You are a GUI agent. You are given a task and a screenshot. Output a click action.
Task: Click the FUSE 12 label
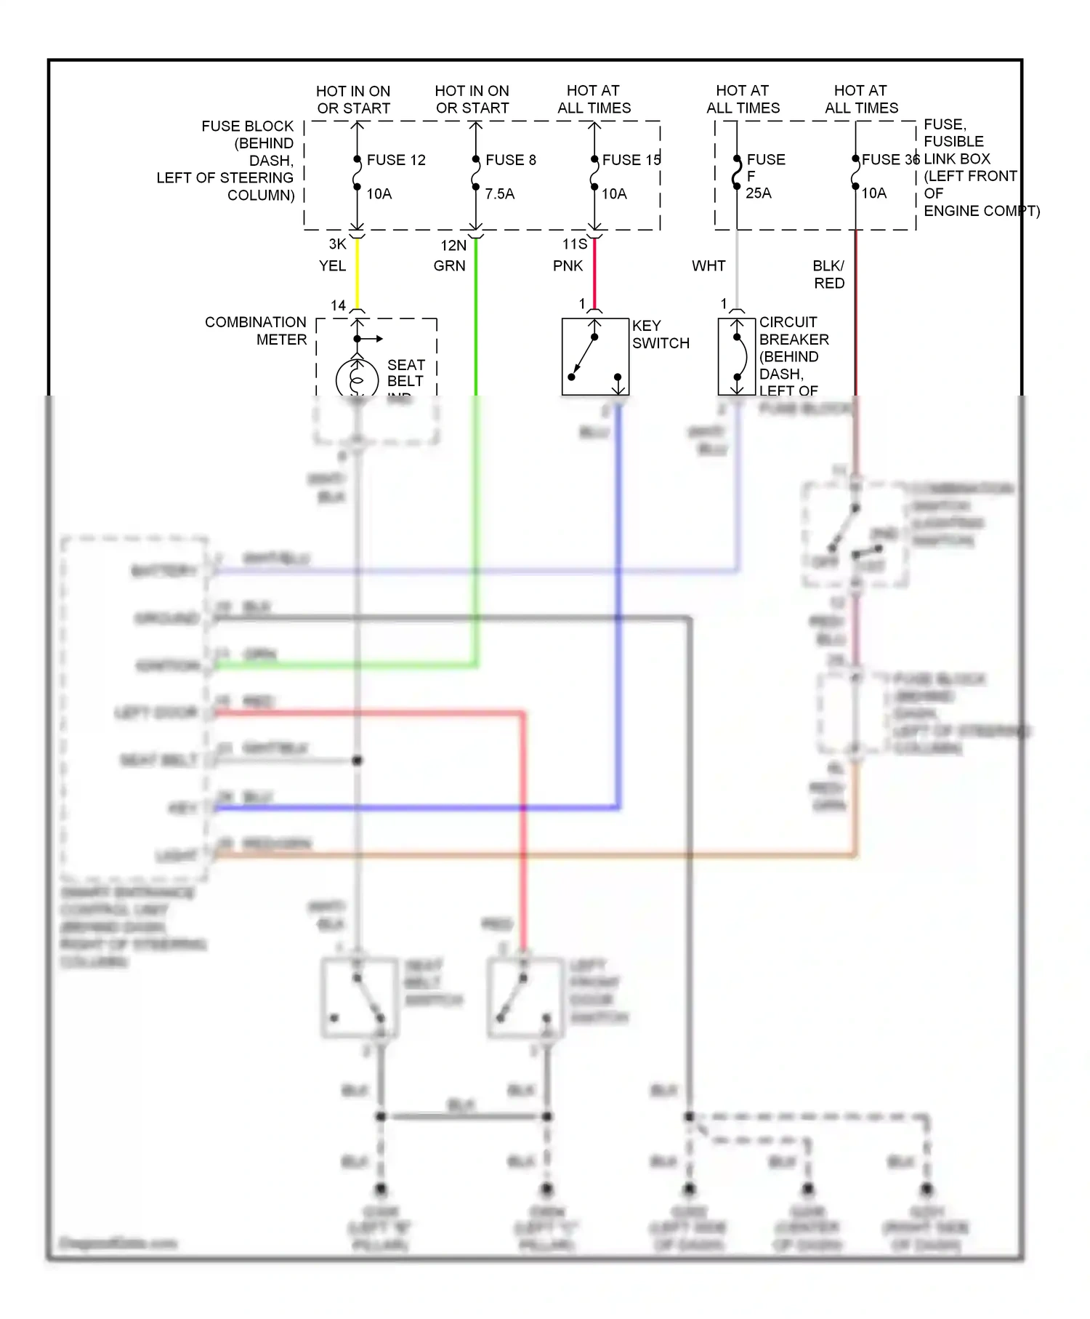395,160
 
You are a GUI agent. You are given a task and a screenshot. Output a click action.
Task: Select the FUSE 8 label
510,160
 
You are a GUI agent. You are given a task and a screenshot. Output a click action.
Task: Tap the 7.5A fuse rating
499,194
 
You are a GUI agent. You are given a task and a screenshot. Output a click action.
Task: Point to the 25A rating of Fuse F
758,193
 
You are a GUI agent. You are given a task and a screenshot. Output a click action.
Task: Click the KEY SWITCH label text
660,334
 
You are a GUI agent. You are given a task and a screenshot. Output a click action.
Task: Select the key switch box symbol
594,357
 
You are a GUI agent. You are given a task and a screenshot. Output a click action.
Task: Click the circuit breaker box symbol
736,357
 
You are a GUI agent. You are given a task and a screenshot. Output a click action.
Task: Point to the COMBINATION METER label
256,331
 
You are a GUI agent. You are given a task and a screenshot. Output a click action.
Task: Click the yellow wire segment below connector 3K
357,273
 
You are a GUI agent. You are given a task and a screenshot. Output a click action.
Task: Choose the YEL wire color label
332,266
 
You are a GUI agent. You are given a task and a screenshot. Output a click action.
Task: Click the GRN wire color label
449,266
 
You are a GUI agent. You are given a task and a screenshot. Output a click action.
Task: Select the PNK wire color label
568,266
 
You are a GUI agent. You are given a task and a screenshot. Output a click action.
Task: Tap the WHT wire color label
708,266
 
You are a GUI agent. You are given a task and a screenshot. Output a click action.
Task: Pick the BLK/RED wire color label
828,275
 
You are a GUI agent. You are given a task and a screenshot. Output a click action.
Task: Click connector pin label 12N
453,246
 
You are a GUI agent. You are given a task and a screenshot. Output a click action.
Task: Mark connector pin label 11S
574,244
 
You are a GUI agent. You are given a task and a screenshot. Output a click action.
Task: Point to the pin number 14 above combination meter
338,305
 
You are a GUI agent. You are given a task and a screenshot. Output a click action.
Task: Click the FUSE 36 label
889,159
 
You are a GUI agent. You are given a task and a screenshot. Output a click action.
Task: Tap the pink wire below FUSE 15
594,273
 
